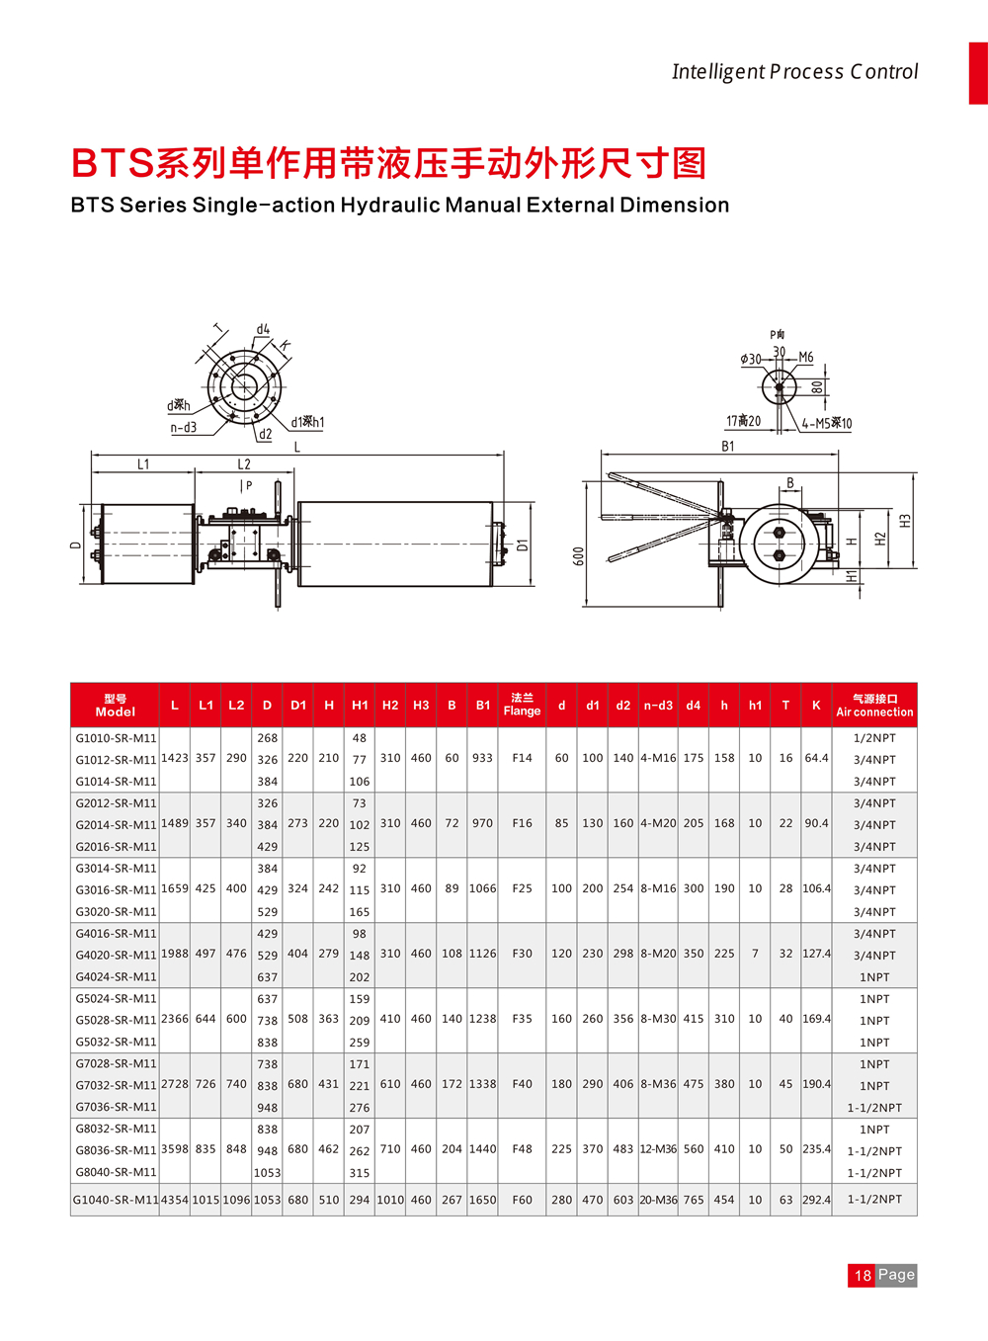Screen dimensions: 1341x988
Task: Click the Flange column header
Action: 522,705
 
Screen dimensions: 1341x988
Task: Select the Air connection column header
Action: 874,705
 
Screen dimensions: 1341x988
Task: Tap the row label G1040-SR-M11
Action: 116,1200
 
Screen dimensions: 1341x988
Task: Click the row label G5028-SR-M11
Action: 116,1020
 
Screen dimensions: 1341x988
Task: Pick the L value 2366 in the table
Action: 175,1019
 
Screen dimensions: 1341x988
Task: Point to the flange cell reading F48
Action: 522,1149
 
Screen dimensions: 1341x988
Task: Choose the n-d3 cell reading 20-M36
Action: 658,1200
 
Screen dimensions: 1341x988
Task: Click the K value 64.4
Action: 816,758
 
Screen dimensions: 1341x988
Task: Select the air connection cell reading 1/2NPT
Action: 874,738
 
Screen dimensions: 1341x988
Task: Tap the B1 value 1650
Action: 482,1200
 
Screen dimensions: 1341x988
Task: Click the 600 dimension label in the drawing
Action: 579,556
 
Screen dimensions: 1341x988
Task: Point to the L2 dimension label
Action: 244,463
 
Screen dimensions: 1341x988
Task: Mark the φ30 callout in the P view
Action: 751,359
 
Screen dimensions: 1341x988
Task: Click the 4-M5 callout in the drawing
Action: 826,423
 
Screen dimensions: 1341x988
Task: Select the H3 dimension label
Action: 905,520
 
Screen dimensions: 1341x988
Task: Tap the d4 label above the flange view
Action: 263,329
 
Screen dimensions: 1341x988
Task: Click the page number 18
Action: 863,1275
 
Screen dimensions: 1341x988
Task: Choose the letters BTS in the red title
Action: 113,164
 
